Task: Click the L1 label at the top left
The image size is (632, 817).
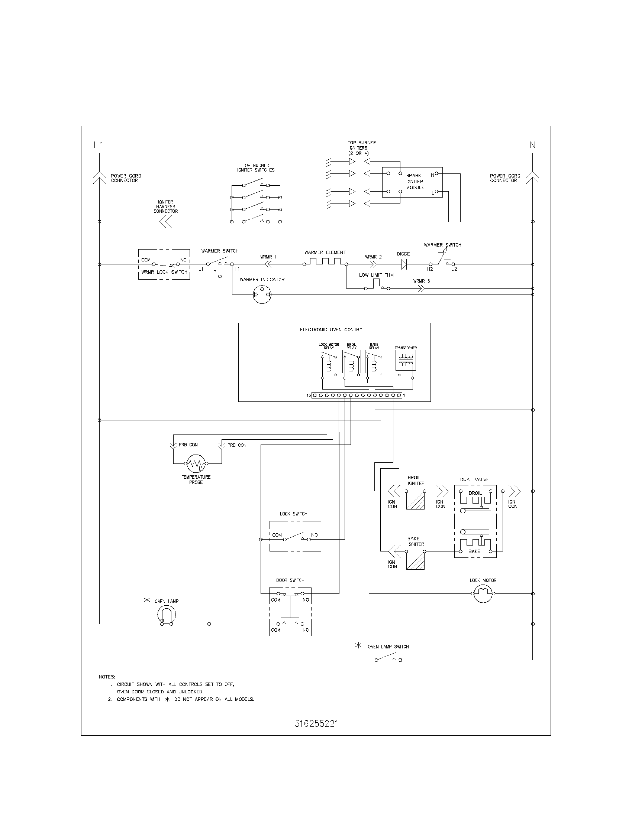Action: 99,145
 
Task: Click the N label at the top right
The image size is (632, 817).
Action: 532,145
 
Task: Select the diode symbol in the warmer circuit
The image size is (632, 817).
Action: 404,264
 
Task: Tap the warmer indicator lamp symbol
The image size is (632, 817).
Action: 262,294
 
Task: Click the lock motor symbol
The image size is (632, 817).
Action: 483,594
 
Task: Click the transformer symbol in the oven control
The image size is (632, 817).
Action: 406,360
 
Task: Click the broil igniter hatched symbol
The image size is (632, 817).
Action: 416,501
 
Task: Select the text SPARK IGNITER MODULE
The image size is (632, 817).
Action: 415,182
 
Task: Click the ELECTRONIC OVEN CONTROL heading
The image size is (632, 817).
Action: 332,329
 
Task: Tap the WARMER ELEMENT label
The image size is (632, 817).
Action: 325,253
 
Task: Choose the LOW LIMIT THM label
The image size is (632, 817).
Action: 376,275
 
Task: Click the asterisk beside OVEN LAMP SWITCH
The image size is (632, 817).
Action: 358,645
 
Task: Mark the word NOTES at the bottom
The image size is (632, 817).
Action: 107,677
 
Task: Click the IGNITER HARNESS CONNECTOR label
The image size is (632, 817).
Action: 165,206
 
